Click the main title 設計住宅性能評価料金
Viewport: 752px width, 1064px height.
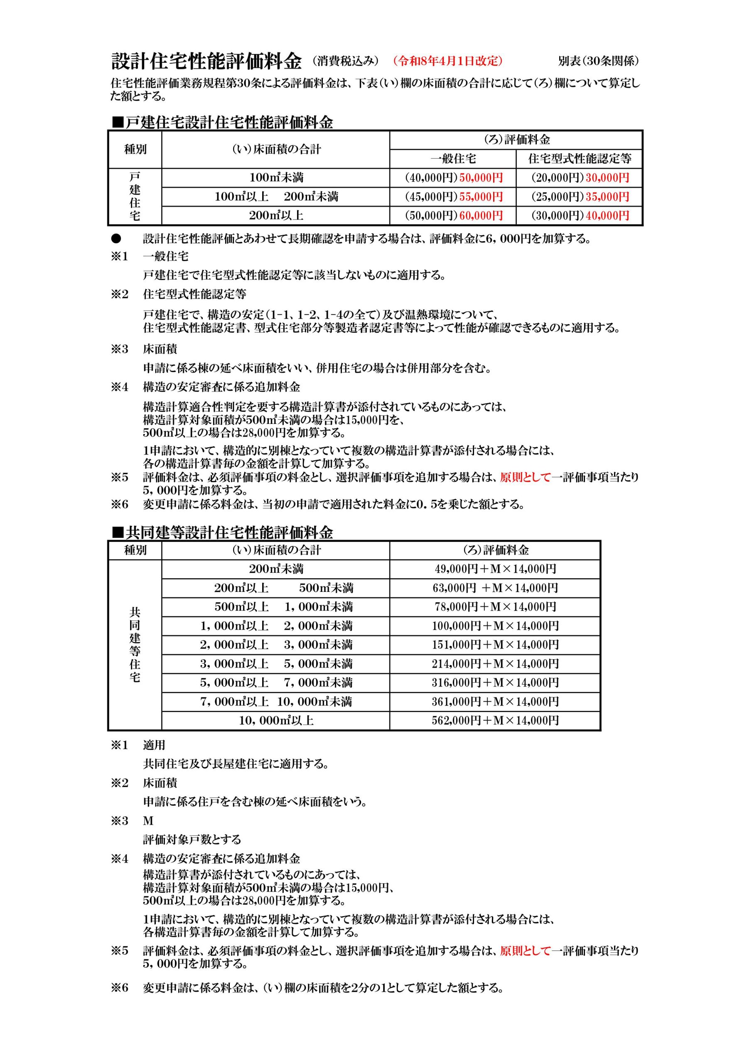(x=206, y=61)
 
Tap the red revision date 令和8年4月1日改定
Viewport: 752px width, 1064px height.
(x=447, y=61)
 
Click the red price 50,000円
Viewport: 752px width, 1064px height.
(x=481, y=177)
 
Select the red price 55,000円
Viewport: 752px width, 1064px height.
(x=481, y=197)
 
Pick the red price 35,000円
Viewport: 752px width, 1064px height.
(x=607, y=197)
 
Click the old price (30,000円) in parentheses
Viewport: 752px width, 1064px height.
(x=558, y=215)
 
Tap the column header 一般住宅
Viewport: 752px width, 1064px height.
(x=453, y=159)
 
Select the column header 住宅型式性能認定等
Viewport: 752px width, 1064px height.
(x=579, y=159)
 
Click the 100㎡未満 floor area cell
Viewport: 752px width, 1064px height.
(x=276, y=177)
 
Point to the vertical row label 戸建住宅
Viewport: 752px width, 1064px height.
(x=135, y=197)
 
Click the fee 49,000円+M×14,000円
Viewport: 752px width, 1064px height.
(x=495, y=569)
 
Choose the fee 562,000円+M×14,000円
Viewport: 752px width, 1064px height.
(x=495, y=720)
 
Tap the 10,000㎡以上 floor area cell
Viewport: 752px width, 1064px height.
(x=276, y=720)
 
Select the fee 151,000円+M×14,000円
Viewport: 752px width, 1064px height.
(x=495, y=645)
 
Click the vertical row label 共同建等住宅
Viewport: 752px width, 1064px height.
(x=135, y=645)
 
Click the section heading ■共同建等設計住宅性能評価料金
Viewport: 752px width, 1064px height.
(x=222, y=532)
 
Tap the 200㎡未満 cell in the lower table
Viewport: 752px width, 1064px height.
(x=276, y=569)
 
